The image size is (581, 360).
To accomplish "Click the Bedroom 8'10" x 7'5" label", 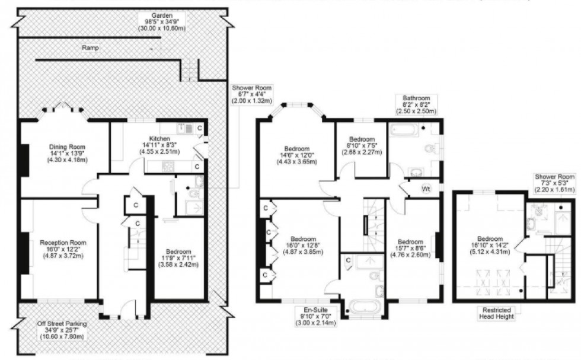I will pyautogui.click(x=361, y=145).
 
